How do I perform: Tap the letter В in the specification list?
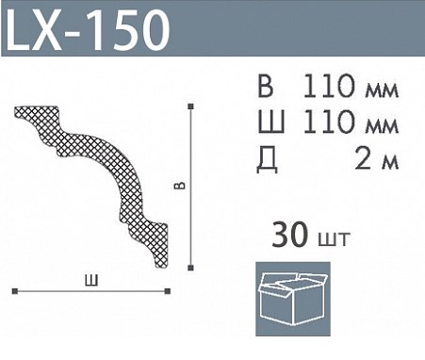[266, 86]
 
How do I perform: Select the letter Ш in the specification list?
[271, 122]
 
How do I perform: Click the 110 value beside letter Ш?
[330, 122]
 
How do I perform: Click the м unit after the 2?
[389, 163]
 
